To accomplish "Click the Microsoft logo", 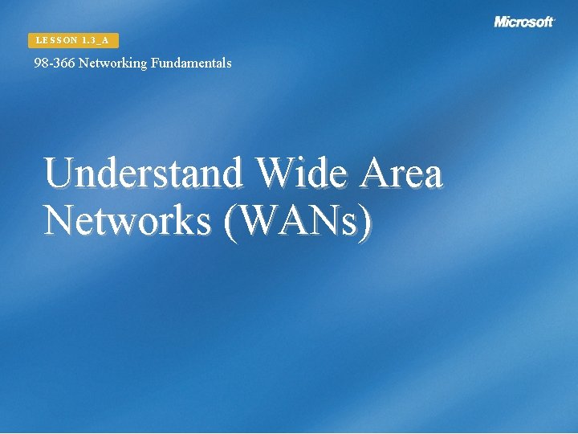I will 524,22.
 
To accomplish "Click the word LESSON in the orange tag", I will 56,40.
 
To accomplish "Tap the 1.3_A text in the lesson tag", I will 96,40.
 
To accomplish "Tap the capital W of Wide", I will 274,173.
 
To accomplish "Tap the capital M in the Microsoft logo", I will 502,22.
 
